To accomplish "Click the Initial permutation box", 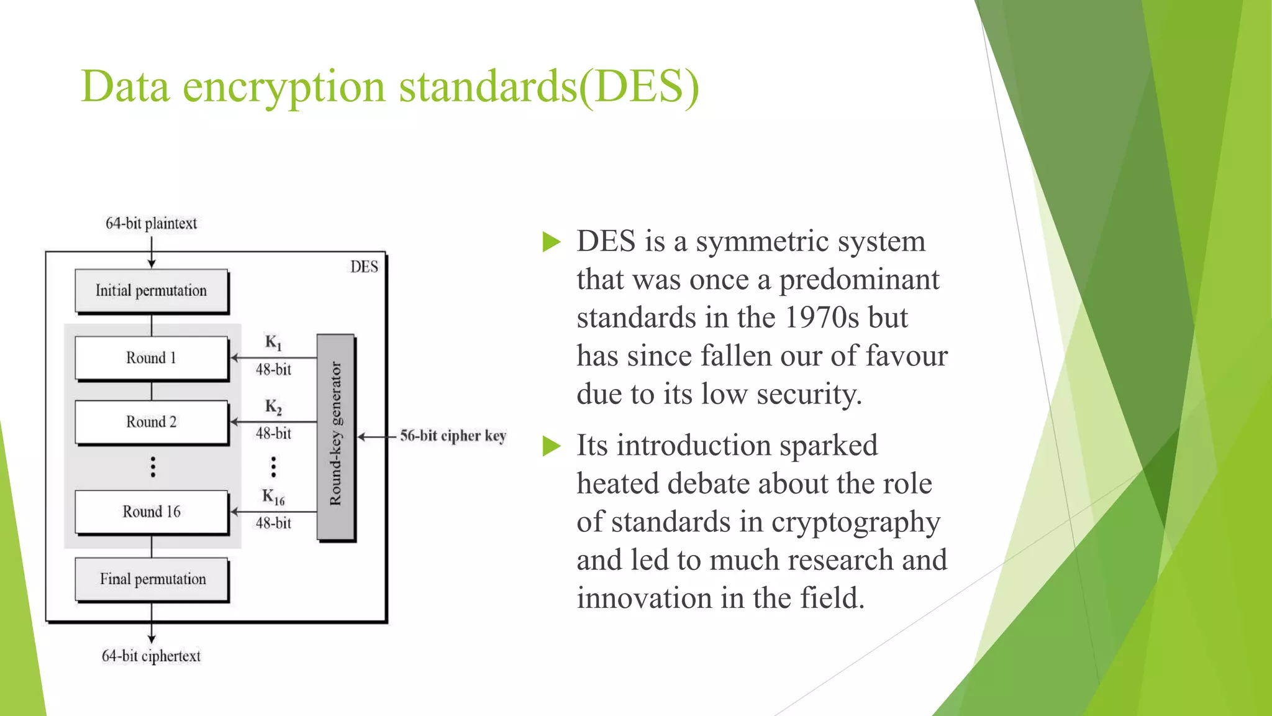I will [x=152, y=291].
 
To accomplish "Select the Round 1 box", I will [x=152, y=358].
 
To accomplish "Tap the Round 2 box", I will [x=152, y=422].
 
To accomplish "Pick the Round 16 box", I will [x=152, y=512].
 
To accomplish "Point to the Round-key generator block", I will [x=335, y=436].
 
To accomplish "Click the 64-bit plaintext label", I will [x=151, y=223].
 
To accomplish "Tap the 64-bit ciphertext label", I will [x=151, y=656].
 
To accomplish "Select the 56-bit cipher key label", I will [x=453, y=436].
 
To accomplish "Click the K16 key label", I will [x=273, y=497].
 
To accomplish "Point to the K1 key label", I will [x=273, y=342].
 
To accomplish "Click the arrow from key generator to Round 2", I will [x=273, y=422].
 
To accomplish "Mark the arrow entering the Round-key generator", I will [x=376, y=437].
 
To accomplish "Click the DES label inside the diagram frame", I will [x=364, y=267].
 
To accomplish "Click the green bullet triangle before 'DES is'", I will [x=551, y=242].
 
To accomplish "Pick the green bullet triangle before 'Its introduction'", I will [x=551, y=446].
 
